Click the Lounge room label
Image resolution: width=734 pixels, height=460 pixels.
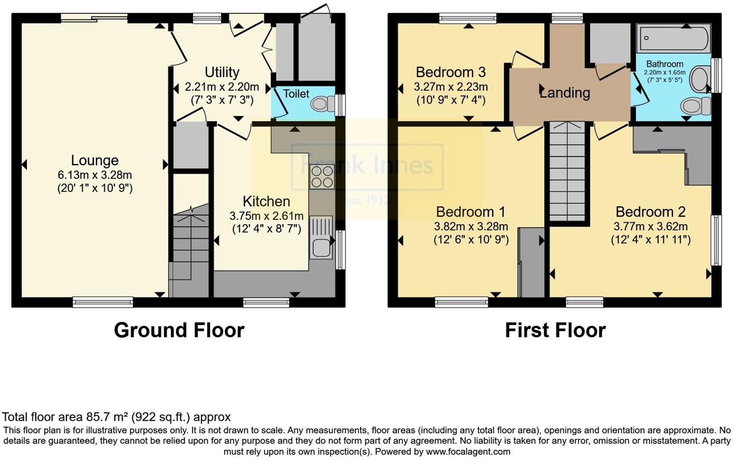coord(95,160)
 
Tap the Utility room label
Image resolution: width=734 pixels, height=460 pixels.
coord(222,72)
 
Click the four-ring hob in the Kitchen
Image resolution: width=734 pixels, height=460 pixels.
coord(322,176)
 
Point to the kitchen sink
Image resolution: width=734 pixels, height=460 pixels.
coord(321,246)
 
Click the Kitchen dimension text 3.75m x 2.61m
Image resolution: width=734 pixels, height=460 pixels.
coord(267,216)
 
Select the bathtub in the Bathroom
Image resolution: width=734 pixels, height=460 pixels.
coord(674,38)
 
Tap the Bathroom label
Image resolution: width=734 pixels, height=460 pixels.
coord(664,64)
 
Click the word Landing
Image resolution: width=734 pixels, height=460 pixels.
coord(565,92)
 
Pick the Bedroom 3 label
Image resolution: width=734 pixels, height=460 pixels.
coord(451,72)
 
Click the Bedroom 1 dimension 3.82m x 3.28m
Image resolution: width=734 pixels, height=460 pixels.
coord(471,226)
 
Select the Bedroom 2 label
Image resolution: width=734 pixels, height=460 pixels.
coord(650,212)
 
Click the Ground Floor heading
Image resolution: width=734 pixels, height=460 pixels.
coord(179,331)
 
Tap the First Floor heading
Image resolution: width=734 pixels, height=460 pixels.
coord(555,331)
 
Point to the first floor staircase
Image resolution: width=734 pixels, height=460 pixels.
coord(567,172)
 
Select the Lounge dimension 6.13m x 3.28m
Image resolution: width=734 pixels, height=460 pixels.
coord(95,175)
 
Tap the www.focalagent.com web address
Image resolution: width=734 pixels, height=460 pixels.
coord(467,452)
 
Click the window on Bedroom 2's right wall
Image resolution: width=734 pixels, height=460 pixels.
coord(717,240)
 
